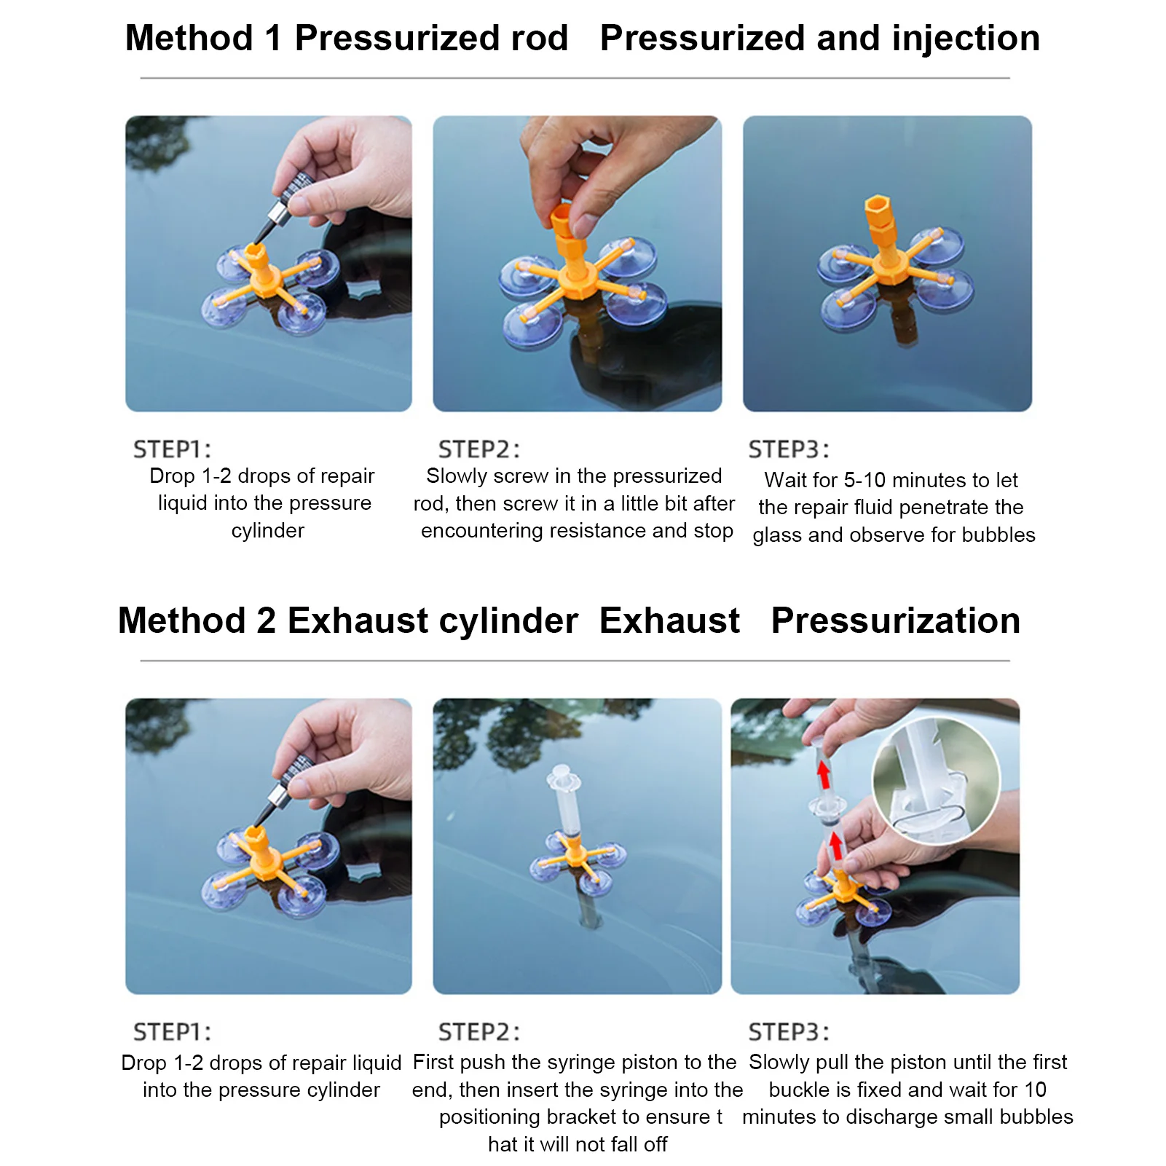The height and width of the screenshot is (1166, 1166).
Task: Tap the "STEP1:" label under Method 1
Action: point(172,449)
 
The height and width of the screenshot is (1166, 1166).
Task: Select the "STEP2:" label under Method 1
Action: point(479,449)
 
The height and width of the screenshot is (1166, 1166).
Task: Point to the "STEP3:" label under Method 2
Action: point(789,1032)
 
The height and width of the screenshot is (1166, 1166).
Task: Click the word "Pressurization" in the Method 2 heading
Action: point(896,621)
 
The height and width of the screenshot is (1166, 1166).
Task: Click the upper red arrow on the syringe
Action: point(824,774)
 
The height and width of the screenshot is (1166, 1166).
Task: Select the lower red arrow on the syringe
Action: point(836,846)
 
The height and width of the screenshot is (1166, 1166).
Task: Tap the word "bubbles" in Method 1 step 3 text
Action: point(998,535)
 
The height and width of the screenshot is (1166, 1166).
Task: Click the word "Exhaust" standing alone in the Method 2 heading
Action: point(669,621)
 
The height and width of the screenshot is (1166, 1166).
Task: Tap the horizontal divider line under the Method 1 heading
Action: point(575,78)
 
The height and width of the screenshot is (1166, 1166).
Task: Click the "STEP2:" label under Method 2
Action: point(479,1032)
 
